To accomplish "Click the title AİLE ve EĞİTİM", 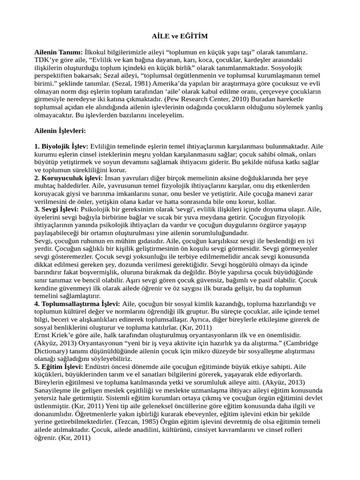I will tap(180, 36).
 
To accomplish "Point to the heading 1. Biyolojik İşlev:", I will tap(61, 146).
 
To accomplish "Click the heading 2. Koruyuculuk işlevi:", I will tap(68, 178).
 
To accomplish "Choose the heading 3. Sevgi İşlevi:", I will tap(57, 209).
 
